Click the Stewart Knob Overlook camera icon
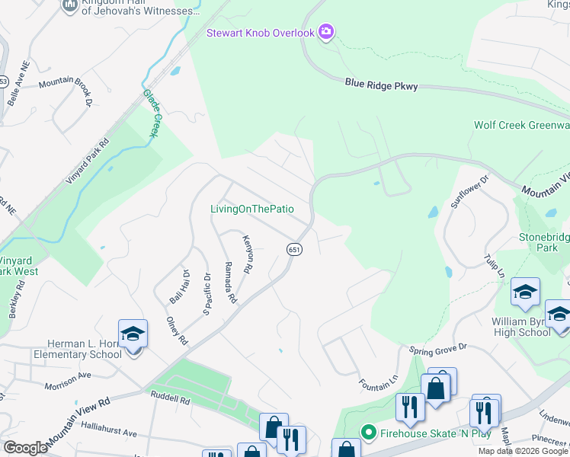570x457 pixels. tap(326, 31)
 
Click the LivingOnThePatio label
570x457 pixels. tap(252, 209)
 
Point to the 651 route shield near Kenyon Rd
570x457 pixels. tap(293, 249)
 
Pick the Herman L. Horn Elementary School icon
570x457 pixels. tap(132, 334)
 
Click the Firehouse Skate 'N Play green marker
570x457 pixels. tap(369, 433)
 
